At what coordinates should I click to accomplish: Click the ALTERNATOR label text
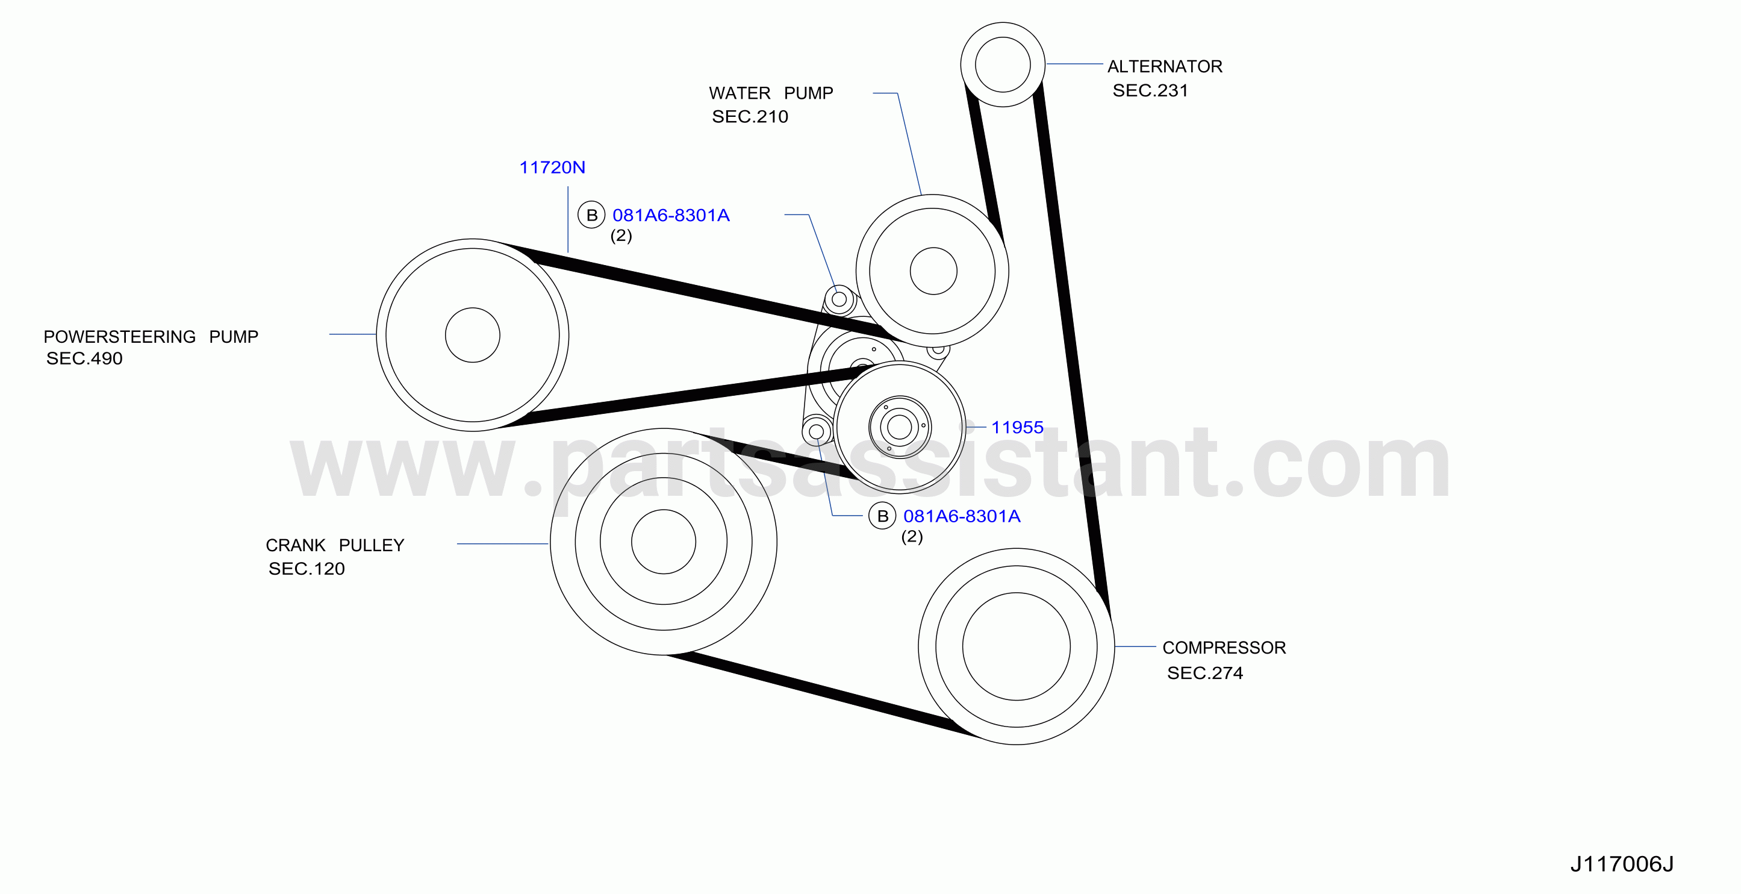[1165, 66]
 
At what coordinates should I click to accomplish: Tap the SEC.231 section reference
[1150, 90]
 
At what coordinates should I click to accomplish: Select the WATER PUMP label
[770, 93]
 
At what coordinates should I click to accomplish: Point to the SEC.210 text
[750, 116]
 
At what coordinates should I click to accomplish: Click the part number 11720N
[552, 167]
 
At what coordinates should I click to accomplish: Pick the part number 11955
[1017, 427]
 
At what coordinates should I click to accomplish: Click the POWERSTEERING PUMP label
[151, 336]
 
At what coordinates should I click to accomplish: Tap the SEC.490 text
[84, 358]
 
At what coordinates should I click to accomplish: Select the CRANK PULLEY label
[335, 545]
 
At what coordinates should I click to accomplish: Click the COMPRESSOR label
[1224, 648]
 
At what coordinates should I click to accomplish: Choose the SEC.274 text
[1205, 673]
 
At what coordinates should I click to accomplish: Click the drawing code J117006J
[1621, 864]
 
